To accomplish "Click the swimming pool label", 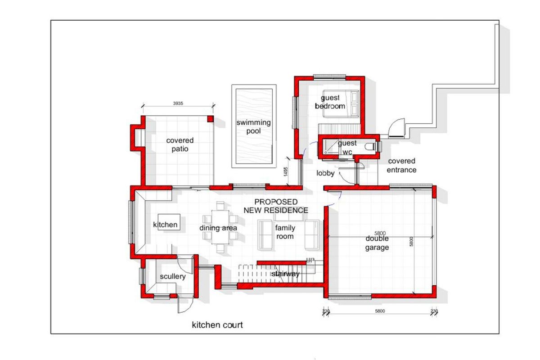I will pos(254,126).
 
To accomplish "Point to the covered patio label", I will pos(180,144).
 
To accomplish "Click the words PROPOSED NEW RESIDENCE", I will pos(276,206).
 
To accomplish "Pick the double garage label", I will pos(377,243).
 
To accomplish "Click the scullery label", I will pos(173,276).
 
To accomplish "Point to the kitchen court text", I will pos(217,325).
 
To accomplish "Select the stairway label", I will pos(285,274).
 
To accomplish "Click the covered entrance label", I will pos(401,165).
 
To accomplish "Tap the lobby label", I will pos(325,173).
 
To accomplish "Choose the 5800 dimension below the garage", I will pos(380,311).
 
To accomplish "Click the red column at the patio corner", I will pos(210,119).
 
